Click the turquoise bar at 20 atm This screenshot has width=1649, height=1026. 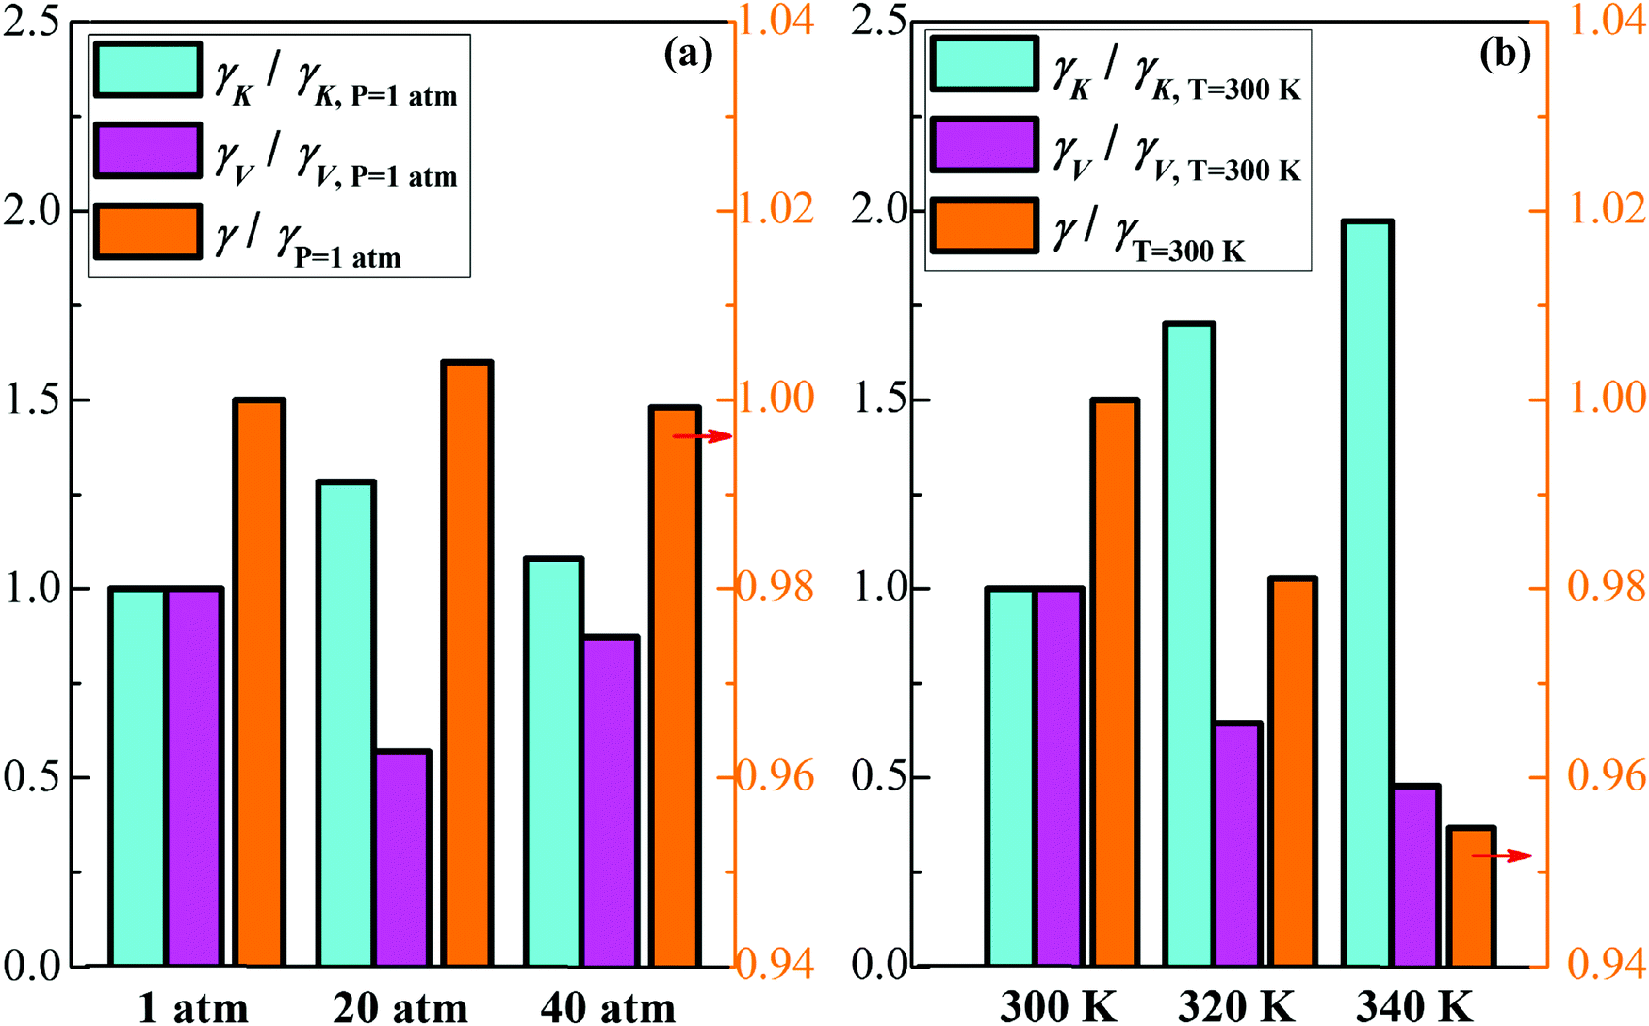coord(347,724)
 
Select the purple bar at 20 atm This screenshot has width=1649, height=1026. coord(402,858)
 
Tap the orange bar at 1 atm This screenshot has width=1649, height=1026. coord(259,683)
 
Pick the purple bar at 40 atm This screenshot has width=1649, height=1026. coord(611,801)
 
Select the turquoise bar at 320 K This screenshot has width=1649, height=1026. coord(1189,644)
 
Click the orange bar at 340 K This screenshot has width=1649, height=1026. coord(1470,896)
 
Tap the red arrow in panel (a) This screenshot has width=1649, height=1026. coord(702,436)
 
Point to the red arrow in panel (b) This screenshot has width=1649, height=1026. coord(1502,855)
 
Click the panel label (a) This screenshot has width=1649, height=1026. coord(689,55)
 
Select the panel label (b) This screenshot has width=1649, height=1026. coord(1505,55)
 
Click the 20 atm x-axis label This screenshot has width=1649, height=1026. coord(400,1007)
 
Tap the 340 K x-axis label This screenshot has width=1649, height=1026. coord(1413,1007)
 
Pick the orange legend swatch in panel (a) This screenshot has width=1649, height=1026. coord(147,232)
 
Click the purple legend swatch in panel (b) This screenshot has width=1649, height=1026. coord(985,145)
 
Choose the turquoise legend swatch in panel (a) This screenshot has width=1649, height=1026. coord(147,69)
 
